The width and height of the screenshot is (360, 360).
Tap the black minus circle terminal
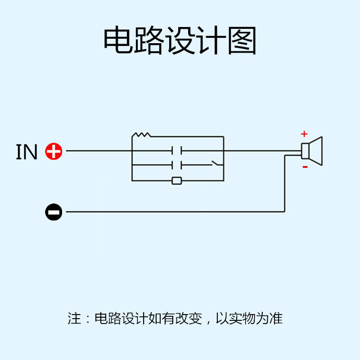click(54, 211)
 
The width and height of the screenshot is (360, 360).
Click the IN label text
click(27, 152)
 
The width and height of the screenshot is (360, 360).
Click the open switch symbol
click(216, 163)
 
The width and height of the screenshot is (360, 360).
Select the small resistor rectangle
click(177, 181)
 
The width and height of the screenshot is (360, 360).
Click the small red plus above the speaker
click(304, 134)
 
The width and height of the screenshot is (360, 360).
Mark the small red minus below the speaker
click(305, 167)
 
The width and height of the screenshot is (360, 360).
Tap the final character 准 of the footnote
click(276, 319)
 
